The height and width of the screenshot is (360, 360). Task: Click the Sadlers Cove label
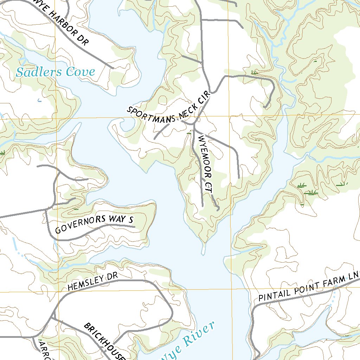click(56, 72)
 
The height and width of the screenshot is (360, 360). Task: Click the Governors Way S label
click(95, 224)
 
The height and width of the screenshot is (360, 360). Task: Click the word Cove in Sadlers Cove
click(81, 72)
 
